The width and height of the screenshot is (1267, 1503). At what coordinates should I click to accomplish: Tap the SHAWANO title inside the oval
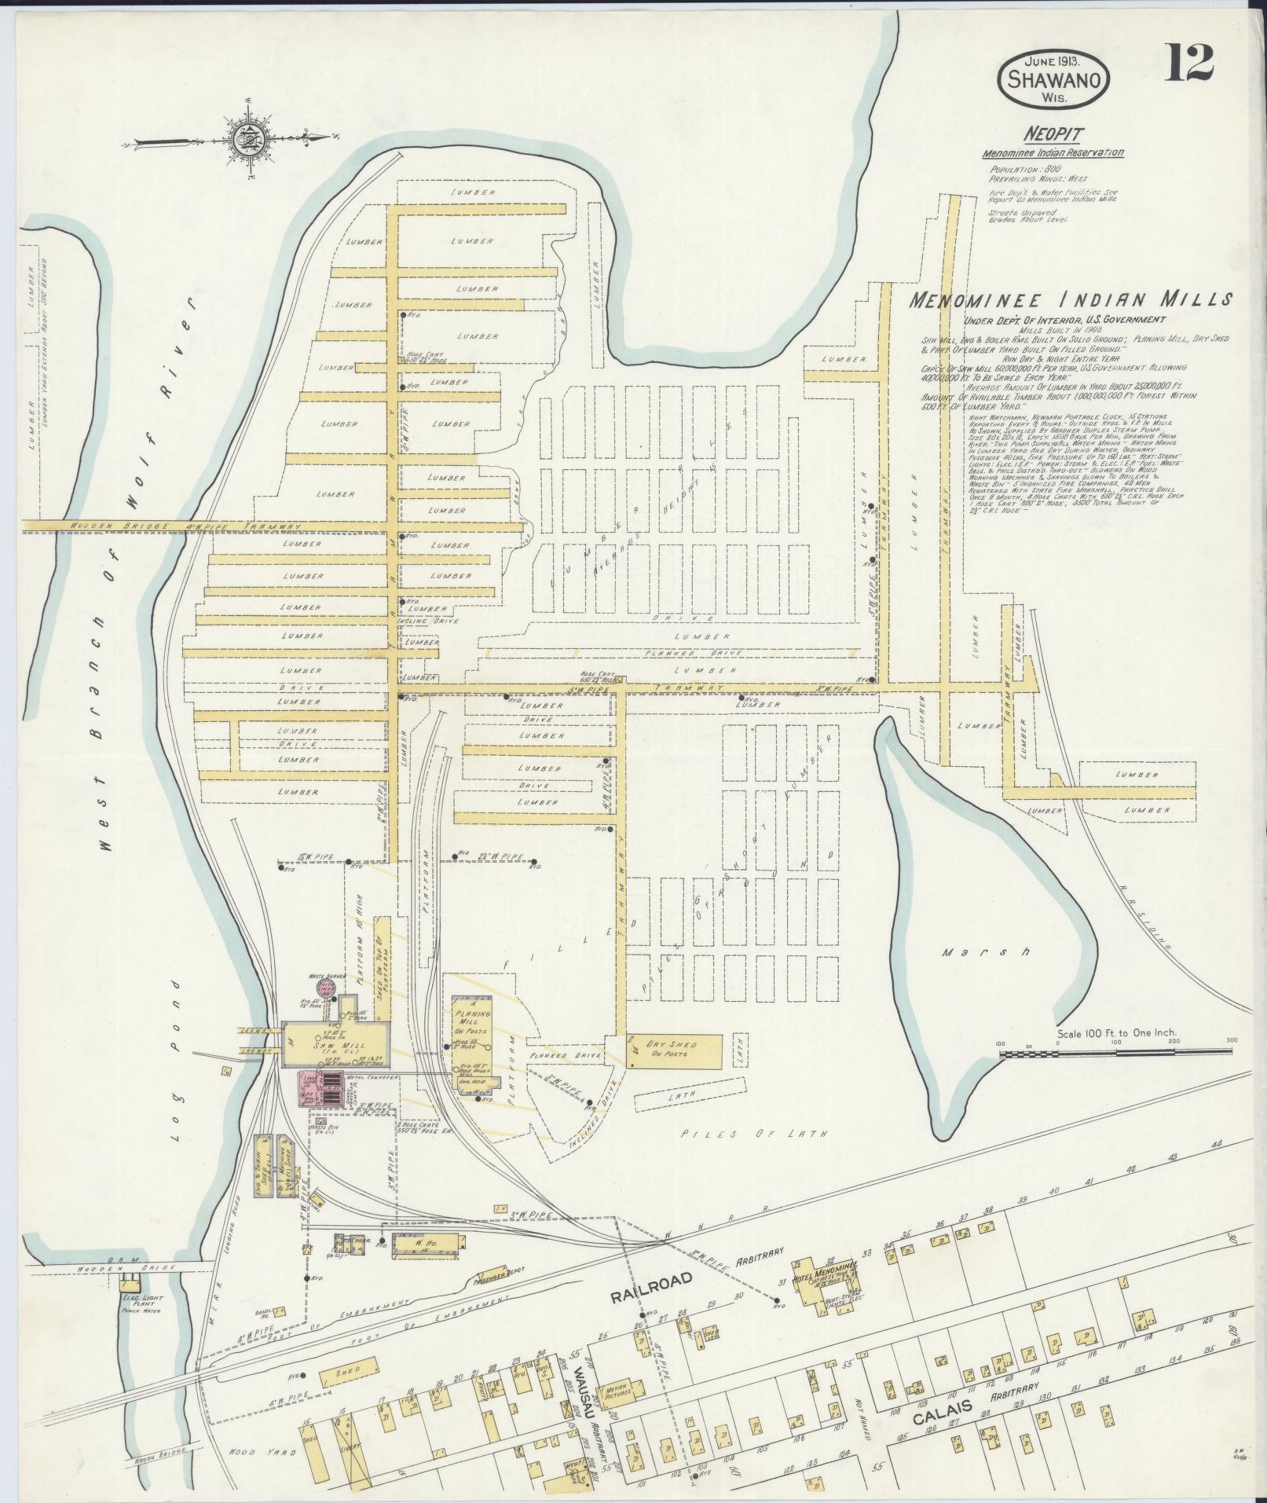point(1054,79)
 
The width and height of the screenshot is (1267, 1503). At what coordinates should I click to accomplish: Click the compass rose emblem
point(244,140)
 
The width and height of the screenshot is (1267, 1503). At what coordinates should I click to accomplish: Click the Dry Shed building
point(673,1050)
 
